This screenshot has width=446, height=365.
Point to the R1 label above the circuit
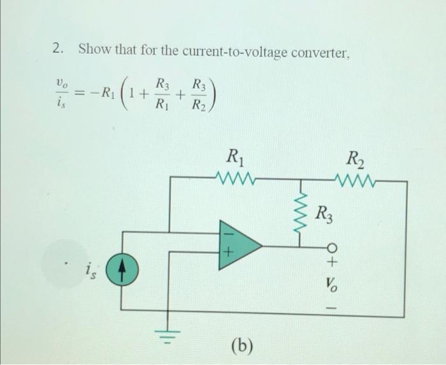(235, 156)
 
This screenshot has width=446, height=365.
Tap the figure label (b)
(241, 345)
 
